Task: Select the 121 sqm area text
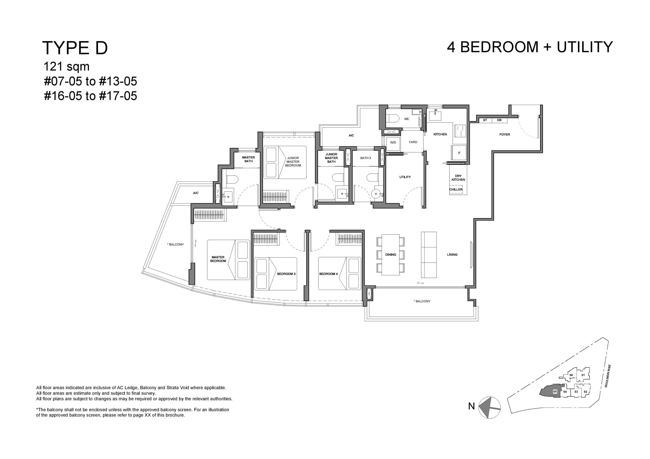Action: [x=66, y=67]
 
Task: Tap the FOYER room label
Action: [x=505, y=134]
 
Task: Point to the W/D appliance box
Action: [x=393, y=142]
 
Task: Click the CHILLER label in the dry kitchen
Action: [x=456, y=190]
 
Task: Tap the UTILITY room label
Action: [x=405, y=177]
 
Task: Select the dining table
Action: [x=391, y=254]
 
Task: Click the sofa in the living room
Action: [x=429, y=255]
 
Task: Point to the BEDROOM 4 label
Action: [x=328, y=274]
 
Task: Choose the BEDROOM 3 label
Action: [x=286, y=274]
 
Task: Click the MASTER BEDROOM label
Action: [x=218, y=259]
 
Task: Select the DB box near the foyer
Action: [x=499, y=120]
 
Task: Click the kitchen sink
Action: [x=435, y=116]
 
